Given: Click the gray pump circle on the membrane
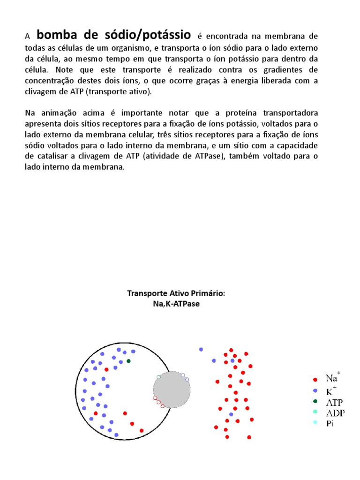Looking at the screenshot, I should coord(172,390).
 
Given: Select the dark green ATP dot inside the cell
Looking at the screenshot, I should coord(128,361).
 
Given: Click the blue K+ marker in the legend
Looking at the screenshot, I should coord(315,390).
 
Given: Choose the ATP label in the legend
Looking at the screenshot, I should coord(334,402).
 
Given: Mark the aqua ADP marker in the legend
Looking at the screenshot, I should coord(315,412).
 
